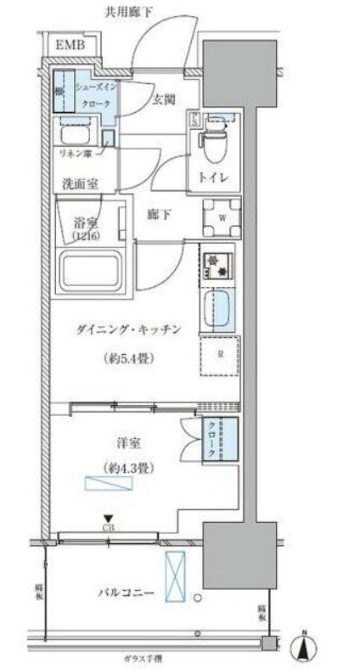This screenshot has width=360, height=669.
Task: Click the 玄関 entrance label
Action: (164, 99)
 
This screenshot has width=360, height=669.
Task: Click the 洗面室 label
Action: (77, 183)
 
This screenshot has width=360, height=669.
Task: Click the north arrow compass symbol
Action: (304, 647)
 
